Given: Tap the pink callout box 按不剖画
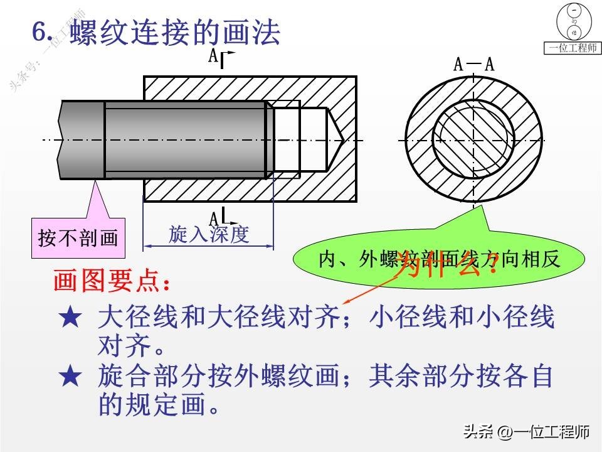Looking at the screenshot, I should point(78,239).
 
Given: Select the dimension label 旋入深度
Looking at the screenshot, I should point(209,234).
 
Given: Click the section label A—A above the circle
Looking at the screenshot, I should point(473,64).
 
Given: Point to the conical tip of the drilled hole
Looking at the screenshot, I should point(335,139).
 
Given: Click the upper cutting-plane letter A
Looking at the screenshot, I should point(214,56).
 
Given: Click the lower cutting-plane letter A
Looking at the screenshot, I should point(214,218).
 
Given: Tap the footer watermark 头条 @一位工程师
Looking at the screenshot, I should point(526,432).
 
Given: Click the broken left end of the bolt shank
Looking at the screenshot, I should point(60,139).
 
